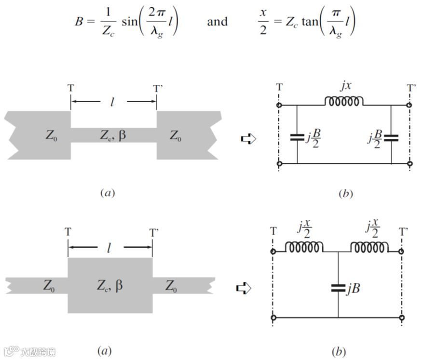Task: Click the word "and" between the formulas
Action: tap(217, 22)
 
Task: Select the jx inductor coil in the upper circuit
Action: tap(343, 101)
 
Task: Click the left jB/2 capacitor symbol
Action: tap(297, 137)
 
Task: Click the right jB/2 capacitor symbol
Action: tap(391, 137)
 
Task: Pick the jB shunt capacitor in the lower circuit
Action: tap(338, 288)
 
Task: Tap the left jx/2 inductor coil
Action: tap(304, 247)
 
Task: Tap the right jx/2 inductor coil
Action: tap(369, 247)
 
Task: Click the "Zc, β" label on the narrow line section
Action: tap(114, 135)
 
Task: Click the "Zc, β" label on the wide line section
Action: tap(110, 285)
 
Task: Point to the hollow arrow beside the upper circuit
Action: tap(248, 139)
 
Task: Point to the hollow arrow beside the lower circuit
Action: tap(244, 288)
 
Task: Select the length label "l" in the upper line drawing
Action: tap(113, 102)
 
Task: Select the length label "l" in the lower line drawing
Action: tap(109, 248)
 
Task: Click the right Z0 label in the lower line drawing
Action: tap(171, 286)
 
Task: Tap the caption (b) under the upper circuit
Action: tap(345, 194)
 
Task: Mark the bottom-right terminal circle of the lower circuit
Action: tap(402, 318)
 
